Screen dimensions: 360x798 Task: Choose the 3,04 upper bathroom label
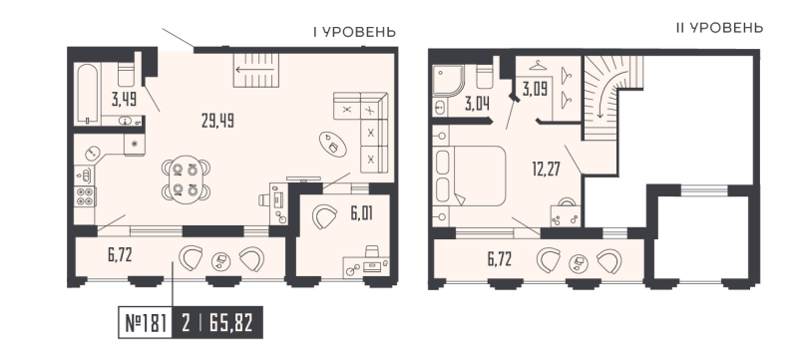click(x=478, y=100)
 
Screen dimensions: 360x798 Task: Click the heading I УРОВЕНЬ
click(x=353, y=33)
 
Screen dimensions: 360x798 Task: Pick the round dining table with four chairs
click(x=185, y=177)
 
